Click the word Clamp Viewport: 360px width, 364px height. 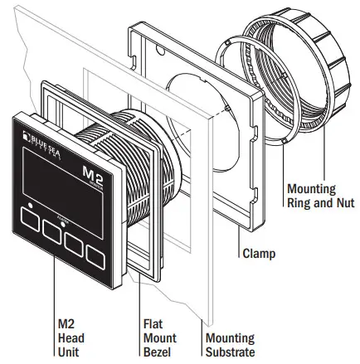coord(260,253)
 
